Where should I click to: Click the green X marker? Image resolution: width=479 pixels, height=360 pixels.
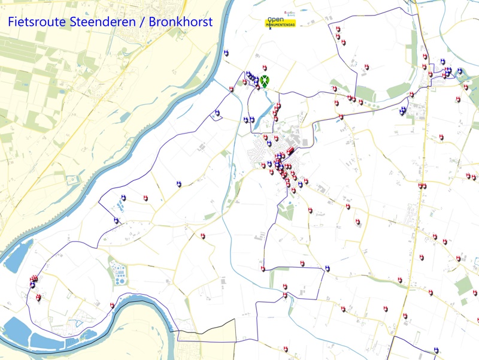point(263,79)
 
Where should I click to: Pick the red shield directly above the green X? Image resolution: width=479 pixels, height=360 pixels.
point(265,68)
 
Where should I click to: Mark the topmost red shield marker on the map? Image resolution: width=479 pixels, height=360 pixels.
point(338,29)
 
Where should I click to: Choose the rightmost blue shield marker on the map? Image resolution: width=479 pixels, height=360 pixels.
point(460,71)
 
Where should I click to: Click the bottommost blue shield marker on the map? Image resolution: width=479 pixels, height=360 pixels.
point(436,350)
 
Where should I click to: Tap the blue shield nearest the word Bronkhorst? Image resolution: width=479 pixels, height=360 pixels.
point(226,52)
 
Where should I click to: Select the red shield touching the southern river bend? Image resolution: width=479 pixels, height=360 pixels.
point(112,305)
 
